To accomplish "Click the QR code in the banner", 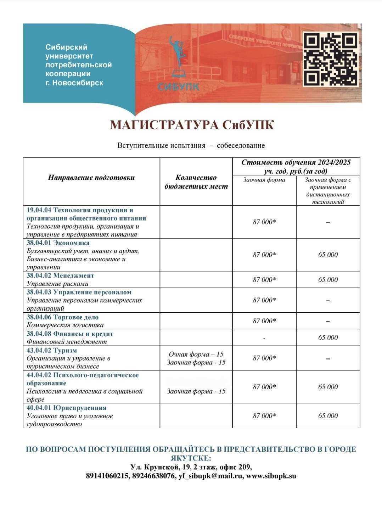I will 330,59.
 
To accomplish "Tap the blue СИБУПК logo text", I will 178,87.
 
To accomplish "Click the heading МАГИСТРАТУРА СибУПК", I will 192,125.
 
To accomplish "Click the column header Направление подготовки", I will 91,178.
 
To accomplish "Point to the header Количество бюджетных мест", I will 196,182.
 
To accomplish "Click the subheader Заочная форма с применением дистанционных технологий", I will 328,191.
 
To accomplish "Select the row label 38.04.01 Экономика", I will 58,243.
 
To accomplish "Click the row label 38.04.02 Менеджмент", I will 60,275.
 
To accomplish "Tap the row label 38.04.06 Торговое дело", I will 62,317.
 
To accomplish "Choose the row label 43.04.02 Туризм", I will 51,350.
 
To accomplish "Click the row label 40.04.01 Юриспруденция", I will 66,408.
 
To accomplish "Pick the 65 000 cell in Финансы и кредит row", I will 328,337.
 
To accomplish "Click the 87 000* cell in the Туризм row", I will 264,358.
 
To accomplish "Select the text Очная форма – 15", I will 196,354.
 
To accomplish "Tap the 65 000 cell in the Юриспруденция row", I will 328,415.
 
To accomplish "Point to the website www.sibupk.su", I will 271,476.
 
